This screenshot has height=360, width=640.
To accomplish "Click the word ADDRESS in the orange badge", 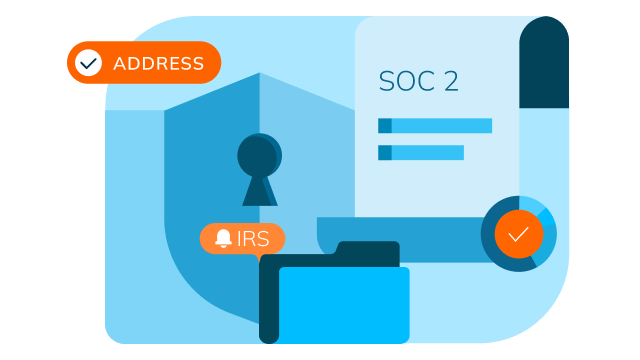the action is coord(158,64).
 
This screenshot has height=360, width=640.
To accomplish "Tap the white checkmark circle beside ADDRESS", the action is coord(89,63).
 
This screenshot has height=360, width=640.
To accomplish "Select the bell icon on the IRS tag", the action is coord(223,239).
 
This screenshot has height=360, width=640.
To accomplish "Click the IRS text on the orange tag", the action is coord(253,240).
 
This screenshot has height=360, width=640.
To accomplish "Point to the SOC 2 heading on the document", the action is coord(418,82).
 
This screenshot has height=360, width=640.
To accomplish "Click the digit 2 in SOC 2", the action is coord(450,82).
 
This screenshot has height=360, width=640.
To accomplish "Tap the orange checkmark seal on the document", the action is coord(518,235).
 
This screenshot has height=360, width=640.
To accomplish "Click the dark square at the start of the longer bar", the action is coord(384,126).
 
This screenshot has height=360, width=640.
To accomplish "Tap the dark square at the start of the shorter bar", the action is coord(384,153).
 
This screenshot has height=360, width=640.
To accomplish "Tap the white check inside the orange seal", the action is coord(518,235).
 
